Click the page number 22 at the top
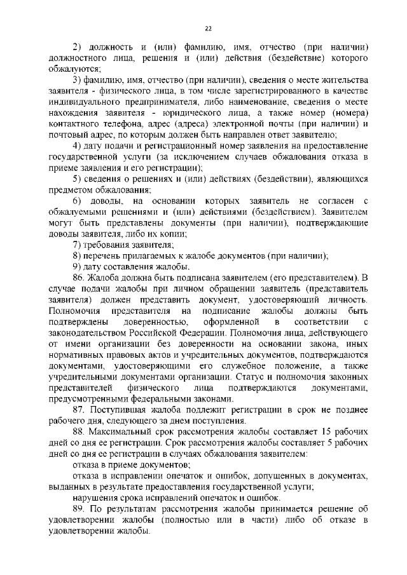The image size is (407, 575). coord(208,28)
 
